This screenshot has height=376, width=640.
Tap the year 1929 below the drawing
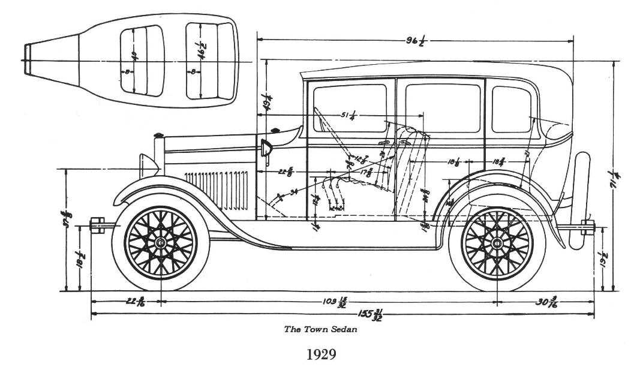click(321, 354)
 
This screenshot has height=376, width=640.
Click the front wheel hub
click(161, 242)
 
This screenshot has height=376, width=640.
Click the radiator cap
click(159, 134)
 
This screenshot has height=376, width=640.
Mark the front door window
click(350, 108)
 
